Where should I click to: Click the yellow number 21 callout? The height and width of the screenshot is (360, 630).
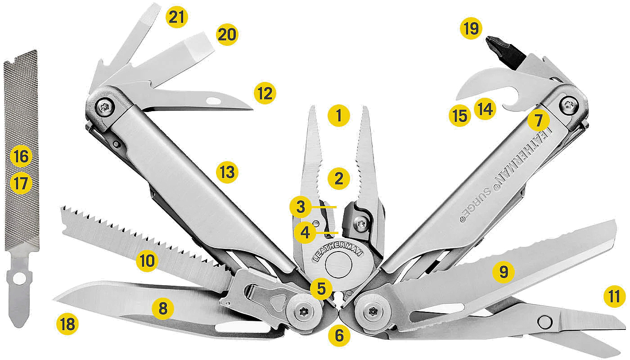pos(176,17)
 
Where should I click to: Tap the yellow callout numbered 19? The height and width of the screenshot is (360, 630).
pos(471,28)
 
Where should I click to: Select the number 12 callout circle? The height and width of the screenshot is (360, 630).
pos(265,93)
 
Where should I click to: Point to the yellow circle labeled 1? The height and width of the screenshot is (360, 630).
pos(339,116)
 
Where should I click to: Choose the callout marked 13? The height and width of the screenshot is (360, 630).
pos(227,172)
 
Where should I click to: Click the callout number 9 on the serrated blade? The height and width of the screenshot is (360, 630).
pos(504,272)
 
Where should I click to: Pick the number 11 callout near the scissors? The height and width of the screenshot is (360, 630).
pos(615,297)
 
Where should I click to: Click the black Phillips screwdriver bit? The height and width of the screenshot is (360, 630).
pos(505,53)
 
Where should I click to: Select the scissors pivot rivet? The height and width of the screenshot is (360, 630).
pos(545,321)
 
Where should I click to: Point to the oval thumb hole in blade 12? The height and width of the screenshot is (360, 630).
pos(213,100)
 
